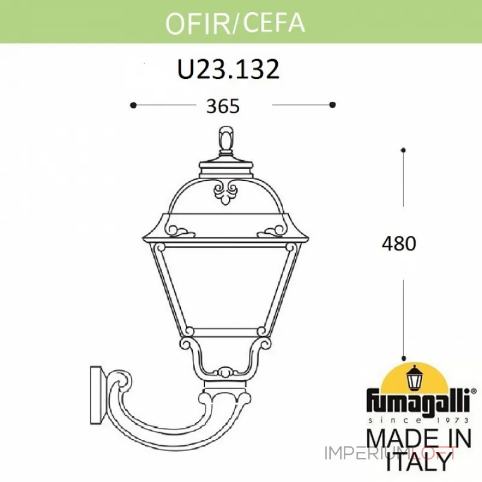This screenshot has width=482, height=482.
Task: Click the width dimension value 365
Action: click(223, 106)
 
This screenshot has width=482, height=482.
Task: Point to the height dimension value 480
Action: click(399, 244)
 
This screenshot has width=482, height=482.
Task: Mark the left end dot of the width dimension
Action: click(133, 105)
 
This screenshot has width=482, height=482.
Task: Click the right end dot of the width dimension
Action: click(332, 105)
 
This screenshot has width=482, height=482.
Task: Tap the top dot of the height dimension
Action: click(403, 149)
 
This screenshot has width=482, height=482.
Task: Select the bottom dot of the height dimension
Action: click(403, 357)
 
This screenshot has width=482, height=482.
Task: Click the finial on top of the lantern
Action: click(226, 139)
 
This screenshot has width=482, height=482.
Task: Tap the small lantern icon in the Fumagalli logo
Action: click(415, 379)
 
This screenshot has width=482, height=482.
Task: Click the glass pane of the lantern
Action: click(226, 283)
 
